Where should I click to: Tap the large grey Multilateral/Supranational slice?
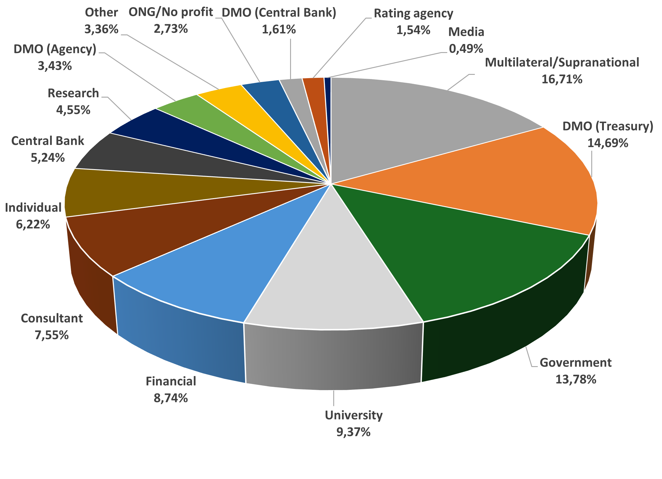click(x=420, y=120)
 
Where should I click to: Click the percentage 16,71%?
click(x=562, y=79)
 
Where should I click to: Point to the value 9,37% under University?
click(x=354, y=432)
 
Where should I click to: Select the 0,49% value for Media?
click(x=466, y=48)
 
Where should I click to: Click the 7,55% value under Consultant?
click(x=52, y=335)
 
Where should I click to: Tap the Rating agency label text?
click(x=414, y=13)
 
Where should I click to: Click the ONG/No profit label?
click(x=171, y=12)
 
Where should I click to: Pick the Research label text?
click(x=73, y=93)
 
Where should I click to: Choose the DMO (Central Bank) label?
click(x=279, y=13)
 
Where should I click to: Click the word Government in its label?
click(x=576, y=363)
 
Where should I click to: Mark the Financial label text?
click(x=171, y=381)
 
